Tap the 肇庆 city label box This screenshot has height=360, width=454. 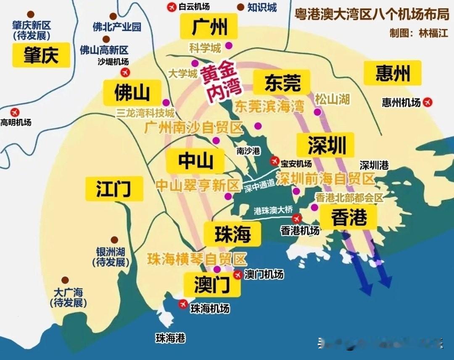click(x=41, y=55)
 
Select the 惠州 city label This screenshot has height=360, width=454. click(x=393, y=74)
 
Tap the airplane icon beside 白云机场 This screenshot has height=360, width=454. click(x=172, y=7)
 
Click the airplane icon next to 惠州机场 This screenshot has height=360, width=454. click(x=428, y=102)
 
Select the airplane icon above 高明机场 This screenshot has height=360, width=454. click(x=15, y=112)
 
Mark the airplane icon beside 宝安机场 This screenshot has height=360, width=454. click(x=275, y=160)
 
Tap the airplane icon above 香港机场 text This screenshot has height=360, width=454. click(x=297, y=218)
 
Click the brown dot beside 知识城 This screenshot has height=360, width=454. click(x=240, y=7)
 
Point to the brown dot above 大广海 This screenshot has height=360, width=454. click(x=65, y=280)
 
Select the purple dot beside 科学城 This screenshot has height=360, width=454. click(x=229, y=45)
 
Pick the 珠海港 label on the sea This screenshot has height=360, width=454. click(x=170, y=338)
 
